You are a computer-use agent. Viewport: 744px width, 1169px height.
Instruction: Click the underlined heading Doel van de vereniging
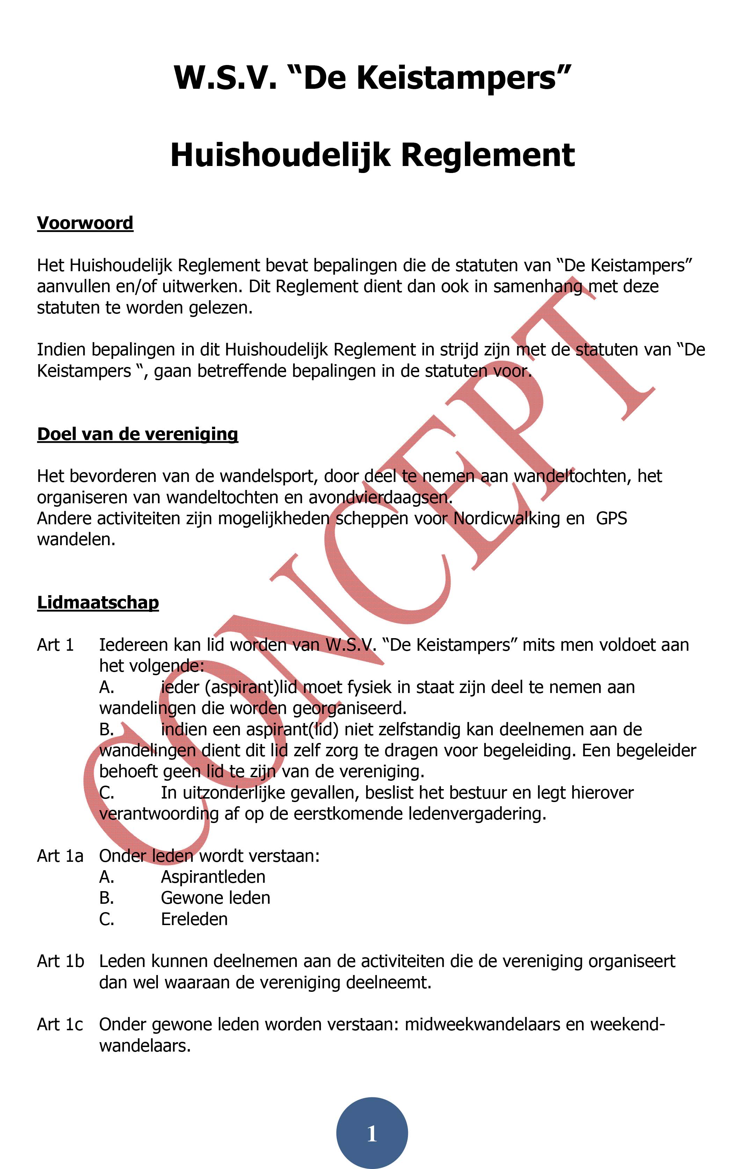click(x=137, y=433)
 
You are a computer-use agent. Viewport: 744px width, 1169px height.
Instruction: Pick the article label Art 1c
click(x=60, y=1024)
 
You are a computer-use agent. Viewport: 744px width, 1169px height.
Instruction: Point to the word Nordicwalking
click(x=505, y=519)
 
